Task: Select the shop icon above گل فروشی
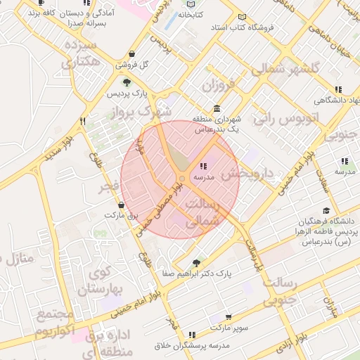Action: coord(133,55)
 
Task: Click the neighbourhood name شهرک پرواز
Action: coord(146,111)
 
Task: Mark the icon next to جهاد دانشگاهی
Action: coord(338,89)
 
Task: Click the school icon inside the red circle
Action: coord(203,167)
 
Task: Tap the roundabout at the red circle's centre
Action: coord(181,180)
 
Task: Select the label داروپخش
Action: coord(246,173)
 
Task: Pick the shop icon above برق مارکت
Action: coord(122,205)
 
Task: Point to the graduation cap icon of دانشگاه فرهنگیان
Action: coord(326,210)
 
